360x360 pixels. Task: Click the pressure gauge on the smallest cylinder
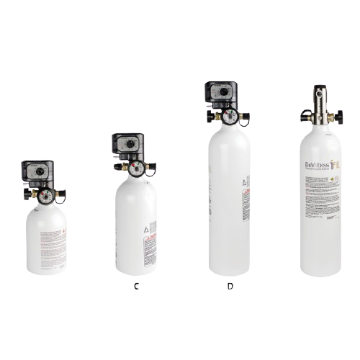[45, 196]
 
